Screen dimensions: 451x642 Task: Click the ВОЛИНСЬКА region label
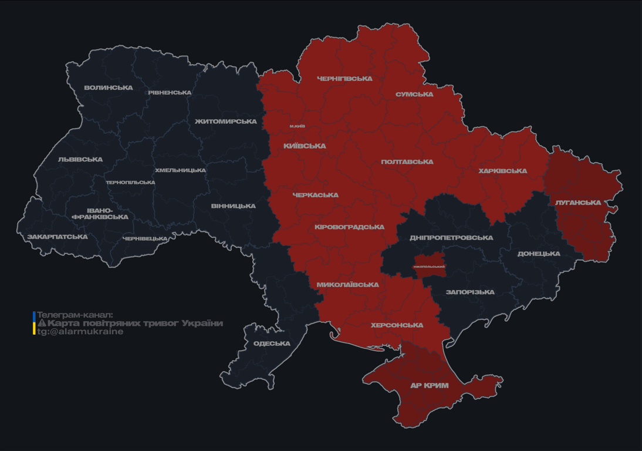coord(109,88)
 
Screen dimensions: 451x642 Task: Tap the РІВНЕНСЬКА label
coord(170,93)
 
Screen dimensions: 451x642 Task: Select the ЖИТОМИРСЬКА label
coord(226,122)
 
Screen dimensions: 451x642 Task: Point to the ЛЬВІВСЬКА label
coord(80,159)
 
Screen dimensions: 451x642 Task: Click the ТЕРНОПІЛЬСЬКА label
coord(130,182)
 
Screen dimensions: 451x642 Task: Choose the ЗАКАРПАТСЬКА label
coord(58,237)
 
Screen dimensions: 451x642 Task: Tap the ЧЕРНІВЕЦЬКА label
coord(145,238)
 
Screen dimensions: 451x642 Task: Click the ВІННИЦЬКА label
coord(234,206)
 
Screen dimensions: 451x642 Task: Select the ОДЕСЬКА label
coord(272,344)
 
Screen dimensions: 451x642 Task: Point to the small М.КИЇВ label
coord(297,126)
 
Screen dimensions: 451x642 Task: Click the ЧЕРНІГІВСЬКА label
coord(344,79)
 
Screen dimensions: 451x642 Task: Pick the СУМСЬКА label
coord(414,95)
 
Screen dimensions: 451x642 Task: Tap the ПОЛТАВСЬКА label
coord(407,162)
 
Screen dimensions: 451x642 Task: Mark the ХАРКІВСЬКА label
coord(503,171)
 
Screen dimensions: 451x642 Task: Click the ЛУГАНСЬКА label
coord(578,203)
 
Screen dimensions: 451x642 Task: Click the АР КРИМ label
coord(430,386)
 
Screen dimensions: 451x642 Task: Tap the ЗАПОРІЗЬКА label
coord(470,292)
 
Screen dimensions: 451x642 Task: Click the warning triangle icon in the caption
coord(42,324)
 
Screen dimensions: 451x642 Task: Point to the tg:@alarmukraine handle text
coord(80,332)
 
